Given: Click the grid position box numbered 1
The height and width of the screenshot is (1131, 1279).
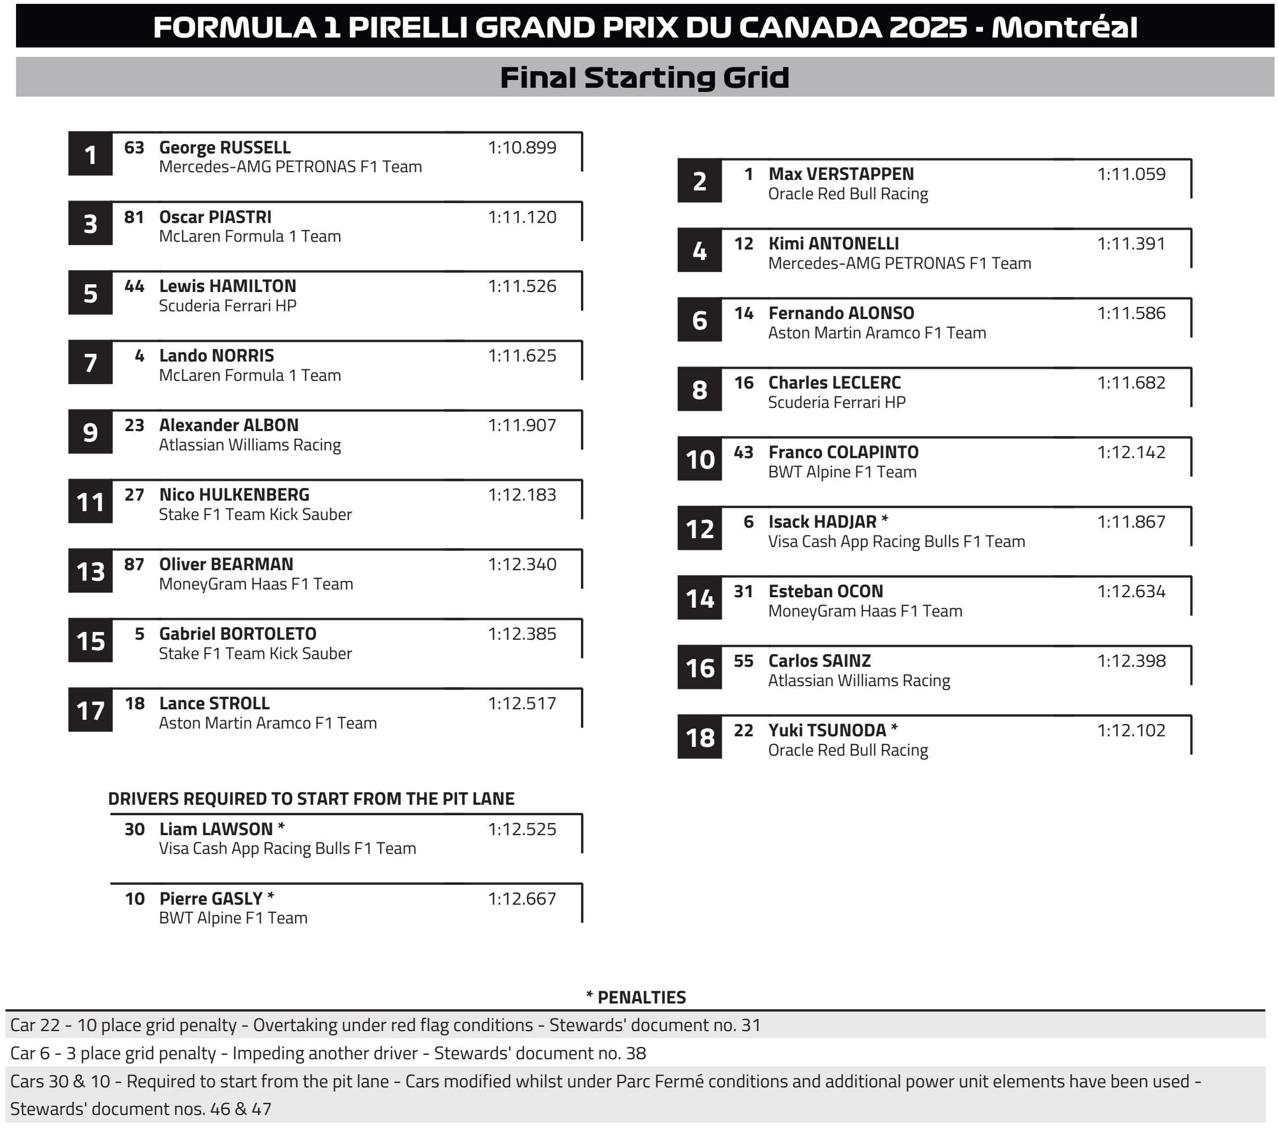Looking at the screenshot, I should [90, 154].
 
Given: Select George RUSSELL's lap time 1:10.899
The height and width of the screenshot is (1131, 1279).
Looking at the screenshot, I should [522, 147].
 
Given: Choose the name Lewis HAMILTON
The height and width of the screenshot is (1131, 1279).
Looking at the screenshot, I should [227, 286].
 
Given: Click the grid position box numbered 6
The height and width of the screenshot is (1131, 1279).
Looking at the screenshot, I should [699, 320].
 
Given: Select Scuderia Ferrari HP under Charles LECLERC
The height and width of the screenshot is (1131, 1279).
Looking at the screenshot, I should [837, 402].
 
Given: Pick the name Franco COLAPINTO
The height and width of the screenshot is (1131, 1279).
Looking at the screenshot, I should [843, 452].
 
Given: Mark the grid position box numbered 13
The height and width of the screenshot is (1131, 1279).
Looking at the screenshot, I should [90, 571].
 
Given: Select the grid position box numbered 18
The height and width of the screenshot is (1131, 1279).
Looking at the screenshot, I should [699, 737].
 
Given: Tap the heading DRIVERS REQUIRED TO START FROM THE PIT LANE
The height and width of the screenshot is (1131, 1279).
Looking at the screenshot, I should [311, 799].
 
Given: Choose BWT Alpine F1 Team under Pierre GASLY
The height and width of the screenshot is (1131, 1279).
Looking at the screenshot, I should [233, 918].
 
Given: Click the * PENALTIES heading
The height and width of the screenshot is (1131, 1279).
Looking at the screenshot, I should [636, 997].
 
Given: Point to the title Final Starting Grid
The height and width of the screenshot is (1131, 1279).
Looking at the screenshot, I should [644, 78].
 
